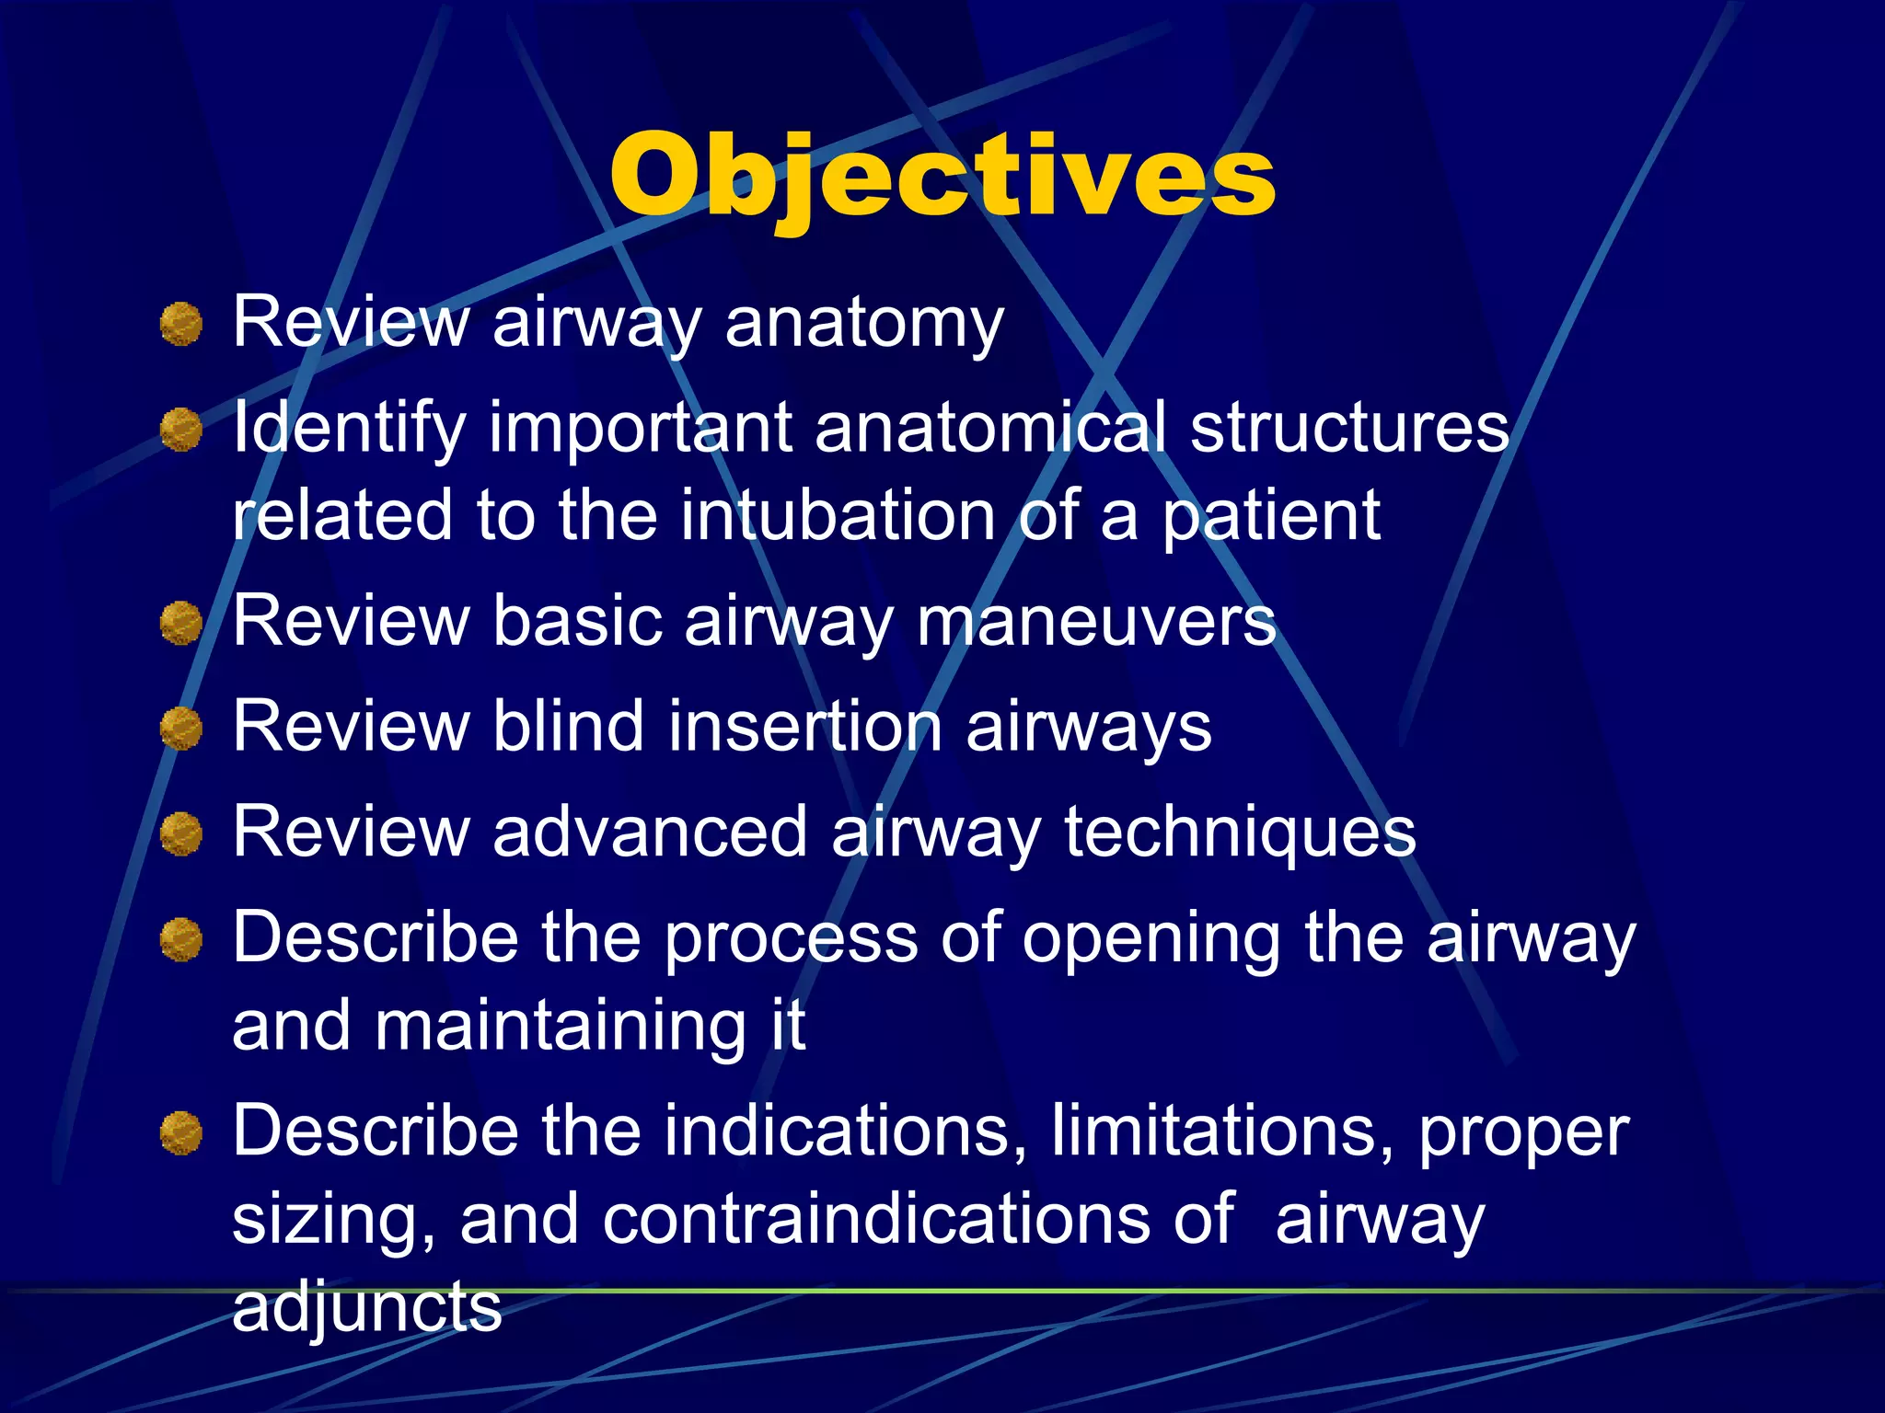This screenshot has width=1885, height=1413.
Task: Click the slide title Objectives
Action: (942, 177)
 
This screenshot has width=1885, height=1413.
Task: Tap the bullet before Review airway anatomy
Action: (181, 325)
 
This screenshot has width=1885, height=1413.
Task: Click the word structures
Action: (1349, 427)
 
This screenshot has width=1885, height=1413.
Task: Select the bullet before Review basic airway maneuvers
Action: (181, 624)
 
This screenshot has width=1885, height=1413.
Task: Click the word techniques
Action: (1240, 833)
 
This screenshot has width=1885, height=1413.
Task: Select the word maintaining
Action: (560, 1026)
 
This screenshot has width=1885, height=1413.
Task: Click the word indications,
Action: (845, 1132)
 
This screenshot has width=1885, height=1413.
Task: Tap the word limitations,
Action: (1222, 1132)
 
